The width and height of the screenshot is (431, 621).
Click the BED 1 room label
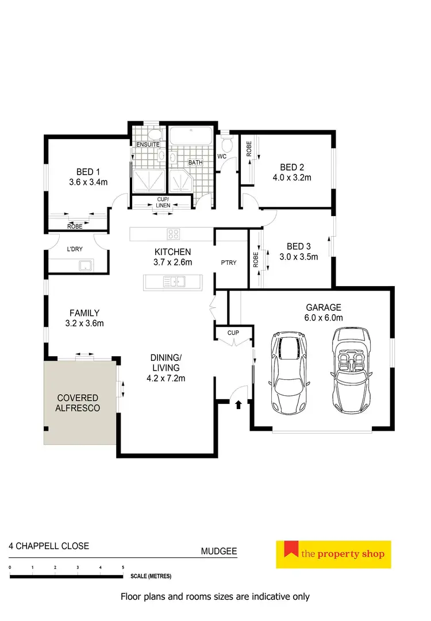[x=88, y=171]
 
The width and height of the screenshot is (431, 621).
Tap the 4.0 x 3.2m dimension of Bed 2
[x=291, y=178]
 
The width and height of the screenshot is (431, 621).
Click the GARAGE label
[x=323, y=307]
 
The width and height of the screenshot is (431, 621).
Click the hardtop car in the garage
[x=289, y=373]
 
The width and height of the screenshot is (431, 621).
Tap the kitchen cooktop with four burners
[x=174, y=234]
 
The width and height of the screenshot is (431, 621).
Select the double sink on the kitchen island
[x=174, y=281]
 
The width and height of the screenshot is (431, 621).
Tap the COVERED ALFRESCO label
[x=78, y=403]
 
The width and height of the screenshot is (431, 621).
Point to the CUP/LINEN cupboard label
[x=163, y=202]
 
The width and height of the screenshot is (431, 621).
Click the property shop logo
[x=333, y=554]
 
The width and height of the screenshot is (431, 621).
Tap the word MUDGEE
[x=218, y=551]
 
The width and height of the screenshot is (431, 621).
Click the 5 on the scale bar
[x=123, y=568]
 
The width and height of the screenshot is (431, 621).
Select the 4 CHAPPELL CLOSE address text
[x=49, y=546]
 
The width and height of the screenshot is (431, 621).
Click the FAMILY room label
[x=84, y=313]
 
